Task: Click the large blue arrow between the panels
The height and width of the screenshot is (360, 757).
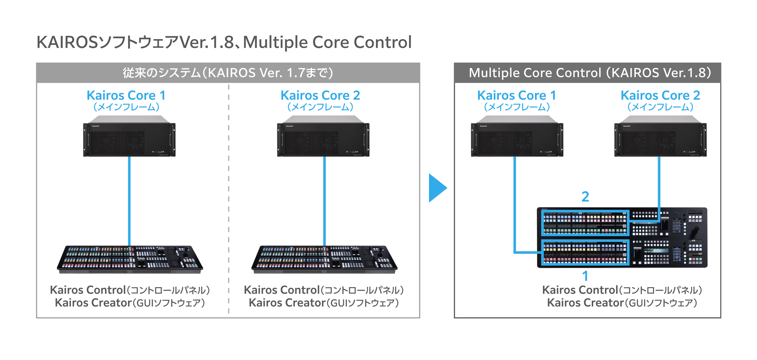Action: tap(437, 188)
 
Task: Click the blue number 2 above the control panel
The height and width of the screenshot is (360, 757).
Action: tap(585, 197)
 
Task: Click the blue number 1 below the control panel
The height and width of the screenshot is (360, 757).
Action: tap(585, 276)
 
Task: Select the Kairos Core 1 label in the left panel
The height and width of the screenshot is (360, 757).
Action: tap(126, 95)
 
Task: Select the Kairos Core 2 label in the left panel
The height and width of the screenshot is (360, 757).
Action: tap(320, 95)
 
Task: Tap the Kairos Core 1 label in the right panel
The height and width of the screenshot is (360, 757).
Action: tap(517, 95)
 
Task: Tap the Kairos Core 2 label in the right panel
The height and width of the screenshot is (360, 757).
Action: tap(660, 95)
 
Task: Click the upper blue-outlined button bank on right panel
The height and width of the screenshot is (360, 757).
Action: tap(585, 223)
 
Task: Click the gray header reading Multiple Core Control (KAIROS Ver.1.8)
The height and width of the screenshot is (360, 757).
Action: tap(587, 73)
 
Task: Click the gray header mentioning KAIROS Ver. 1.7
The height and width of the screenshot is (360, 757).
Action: tap(228, 73)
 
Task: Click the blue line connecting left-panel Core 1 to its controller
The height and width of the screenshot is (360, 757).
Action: tap(129, 200)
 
